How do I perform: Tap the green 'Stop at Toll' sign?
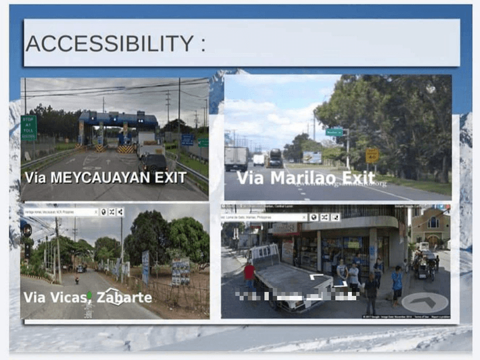tap(28, 127)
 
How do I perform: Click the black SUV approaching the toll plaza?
tap(155, 162)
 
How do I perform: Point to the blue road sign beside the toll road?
tap(187, 140)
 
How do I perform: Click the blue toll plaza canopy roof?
tap(118, 119)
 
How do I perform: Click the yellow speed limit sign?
tap(371, 155)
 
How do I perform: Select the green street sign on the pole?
tap(334, 132)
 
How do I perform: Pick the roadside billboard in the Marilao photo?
tap(312, 157)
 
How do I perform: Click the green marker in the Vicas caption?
tap(89, 296)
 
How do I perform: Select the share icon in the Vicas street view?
tap(121, 212)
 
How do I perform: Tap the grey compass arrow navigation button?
tap(425, 303)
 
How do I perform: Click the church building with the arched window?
tap(431, 227)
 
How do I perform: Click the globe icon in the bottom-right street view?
tap(313, 217)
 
